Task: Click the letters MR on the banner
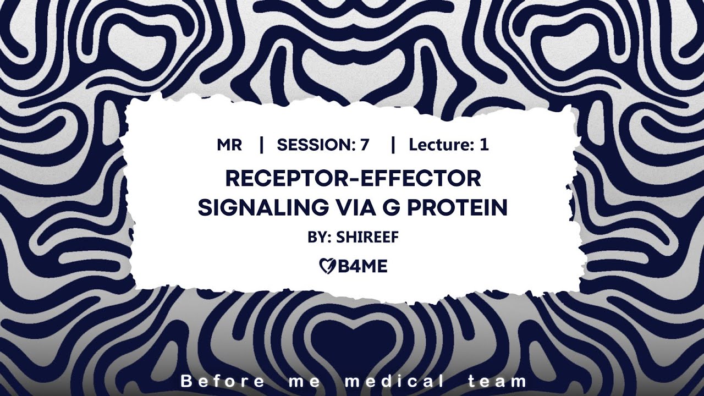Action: (x=229, y=145)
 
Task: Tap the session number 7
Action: (x=365, y=145)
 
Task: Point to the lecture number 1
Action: (x=484, y=145)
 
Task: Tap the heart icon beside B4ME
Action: (x=325, y=267)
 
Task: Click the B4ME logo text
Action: (x=359, y=267)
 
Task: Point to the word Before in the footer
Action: (x=222, y=381)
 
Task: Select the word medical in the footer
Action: (x=394, y=381)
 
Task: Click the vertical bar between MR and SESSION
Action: (x=261, y=145)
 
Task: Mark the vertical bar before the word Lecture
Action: (x=393, y=145)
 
